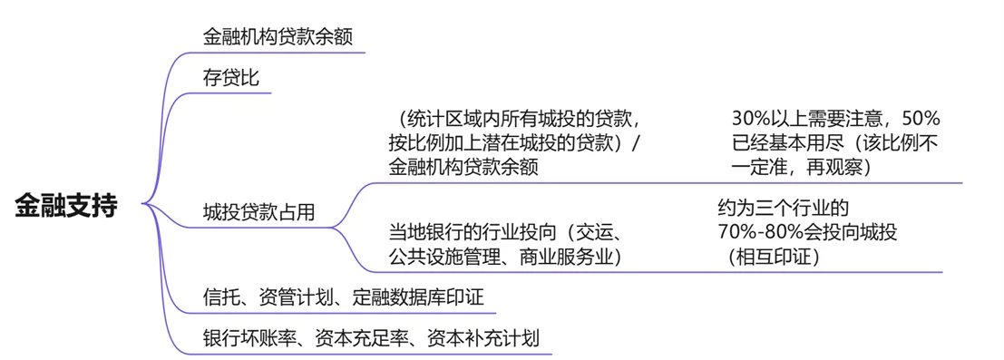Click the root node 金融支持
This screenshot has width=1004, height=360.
[x=66, y=205]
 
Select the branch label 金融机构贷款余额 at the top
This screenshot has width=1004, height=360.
[x=278, y=36]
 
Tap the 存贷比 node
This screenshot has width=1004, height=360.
[x=231, y=78]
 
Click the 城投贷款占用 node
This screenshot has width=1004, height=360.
[x=259, y=211]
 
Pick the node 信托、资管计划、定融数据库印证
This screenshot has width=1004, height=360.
[x=350, y=297]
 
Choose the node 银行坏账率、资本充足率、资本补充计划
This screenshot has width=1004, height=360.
[x=371, y=339]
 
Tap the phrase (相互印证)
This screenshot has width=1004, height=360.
[x=773, y=258]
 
